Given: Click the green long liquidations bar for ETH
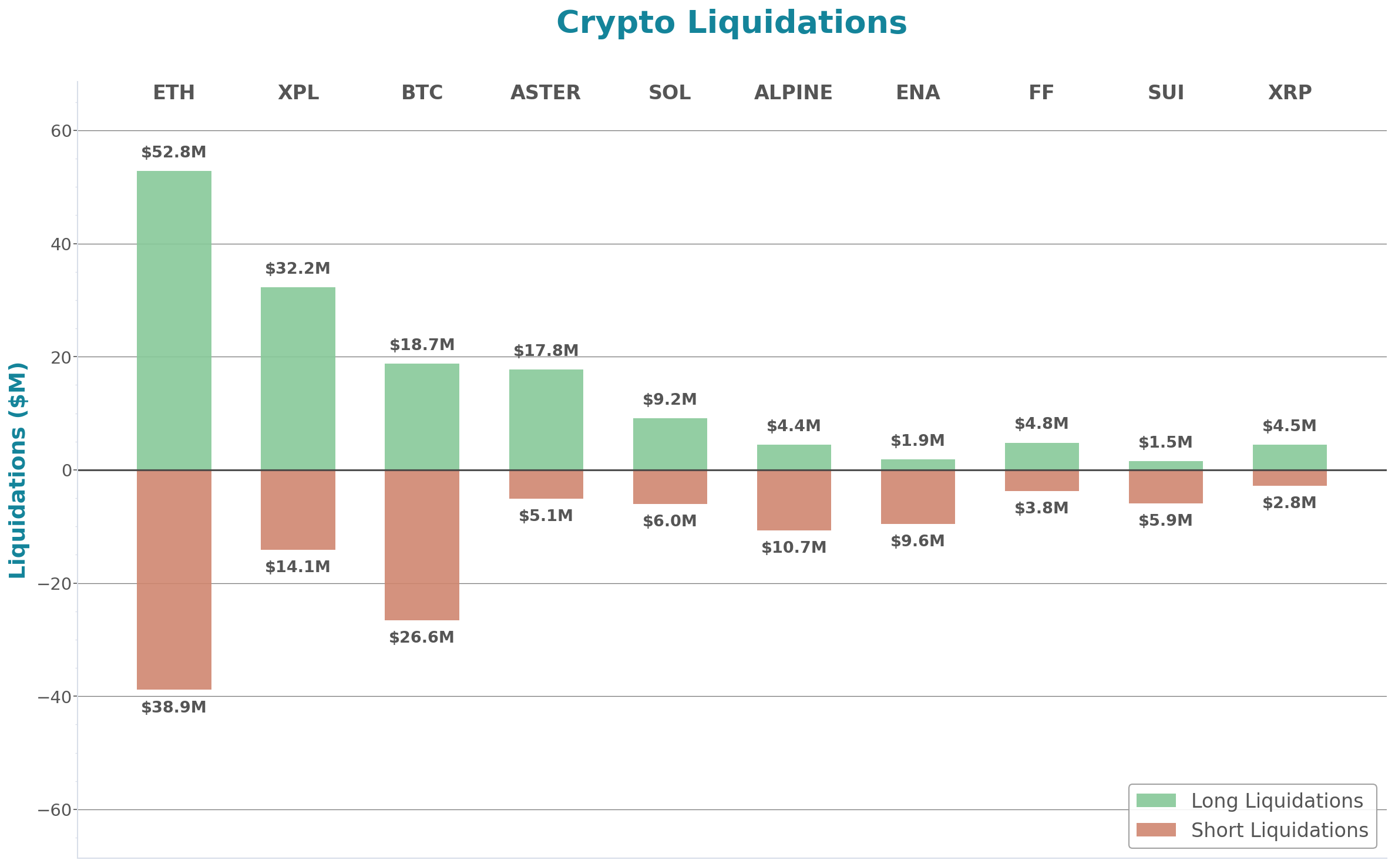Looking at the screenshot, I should [174, 320].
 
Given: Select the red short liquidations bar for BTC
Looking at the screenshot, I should [422, 545].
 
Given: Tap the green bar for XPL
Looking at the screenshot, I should [298, 378].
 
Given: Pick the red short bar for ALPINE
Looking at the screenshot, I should [794, 500].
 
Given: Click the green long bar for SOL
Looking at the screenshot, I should [670, 444].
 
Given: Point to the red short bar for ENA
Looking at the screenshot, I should [917, 497].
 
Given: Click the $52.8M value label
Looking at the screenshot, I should [174, 153].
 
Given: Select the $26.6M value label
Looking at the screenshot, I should [422, 637].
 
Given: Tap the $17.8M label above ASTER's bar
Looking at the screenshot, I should [546, 351].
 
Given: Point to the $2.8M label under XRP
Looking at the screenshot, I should [1289, 503].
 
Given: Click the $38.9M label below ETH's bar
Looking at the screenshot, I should [174, 707].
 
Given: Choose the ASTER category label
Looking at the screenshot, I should [546, 93].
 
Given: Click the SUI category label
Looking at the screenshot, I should [1166, 93].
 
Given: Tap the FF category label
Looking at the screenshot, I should [1041, 93].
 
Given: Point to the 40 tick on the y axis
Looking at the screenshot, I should [60, 244].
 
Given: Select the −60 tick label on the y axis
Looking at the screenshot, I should [55, 810].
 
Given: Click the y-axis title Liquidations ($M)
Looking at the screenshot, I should [18, 470].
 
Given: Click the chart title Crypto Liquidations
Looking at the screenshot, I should [731, 23].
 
